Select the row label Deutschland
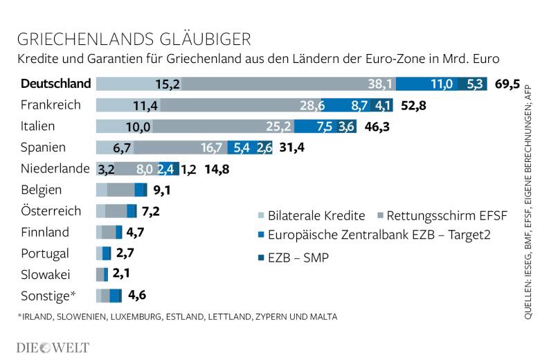click(x=56, y=84)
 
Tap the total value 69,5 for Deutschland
click(x=507, y=84)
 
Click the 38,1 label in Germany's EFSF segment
click(x=380, y=84)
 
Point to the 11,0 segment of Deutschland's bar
click(x=442, y=84)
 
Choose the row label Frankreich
click(x=51, y=105)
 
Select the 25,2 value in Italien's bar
click(x=278, y=127)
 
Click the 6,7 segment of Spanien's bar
click(x=122, y=147)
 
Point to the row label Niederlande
click(x=55, y=168)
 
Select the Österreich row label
click(x=51, y=211)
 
